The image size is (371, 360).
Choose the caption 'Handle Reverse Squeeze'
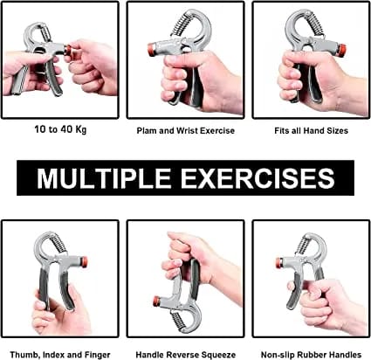(185, 353)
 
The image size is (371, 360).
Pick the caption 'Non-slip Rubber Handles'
(312, 353)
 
